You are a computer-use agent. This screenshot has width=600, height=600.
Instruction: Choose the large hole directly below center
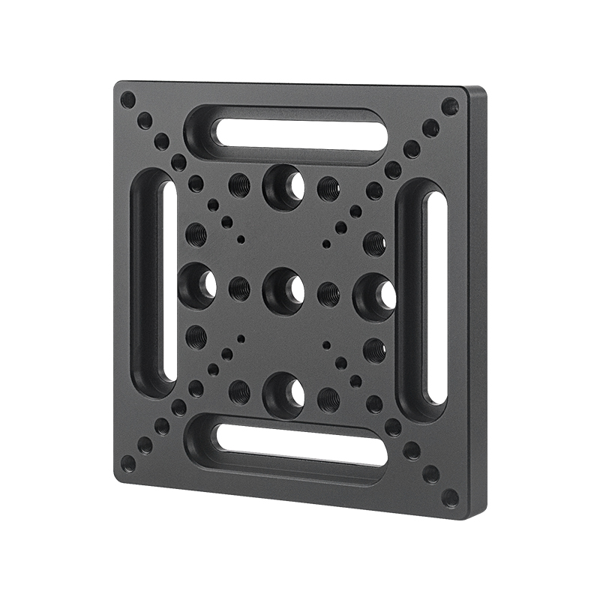coord(283,393)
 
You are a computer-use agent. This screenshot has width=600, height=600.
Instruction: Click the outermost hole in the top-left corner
coord(128,99)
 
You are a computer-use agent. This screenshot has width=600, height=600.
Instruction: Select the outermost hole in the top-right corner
coord(450,106)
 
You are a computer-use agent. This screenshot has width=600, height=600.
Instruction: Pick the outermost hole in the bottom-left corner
coord(128,463)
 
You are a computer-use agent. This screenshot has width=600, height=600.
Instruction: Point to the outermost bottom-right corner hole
coord(449,496)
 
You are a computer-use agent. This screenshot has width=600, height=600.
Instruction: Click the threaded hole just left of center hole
coord(239,287)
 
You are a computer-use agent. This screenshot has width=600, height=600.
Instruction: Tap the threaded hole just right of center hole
coord(328,293)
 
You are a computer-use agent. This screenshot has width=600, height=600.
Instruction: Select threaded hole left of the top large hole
coord(239,183)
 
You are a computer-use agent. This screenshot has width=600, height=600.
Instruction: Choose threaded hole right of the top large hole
coord(328,187)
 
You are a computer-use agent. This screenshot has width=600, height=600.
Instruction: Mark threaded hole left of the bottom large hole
coord(239,390)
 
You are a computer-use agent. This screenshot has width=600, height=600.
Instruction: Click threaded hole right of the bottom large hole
coord(328,398)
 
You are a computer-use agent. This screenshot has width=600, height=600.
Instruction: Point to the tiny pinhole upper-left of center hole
coord(241,239)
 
